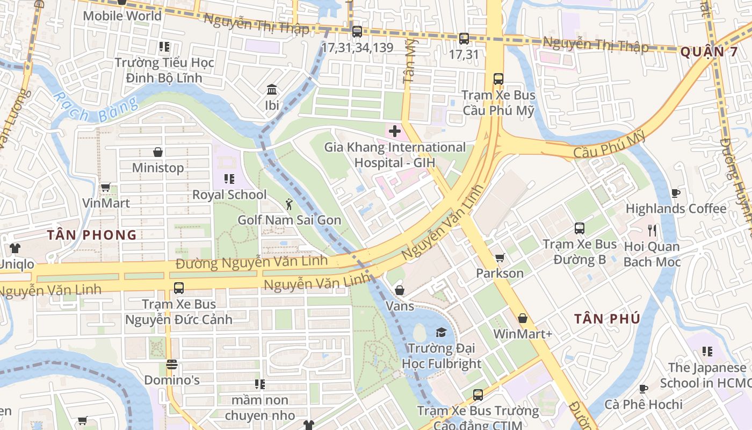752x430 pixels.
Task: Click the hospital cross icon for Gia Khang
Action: click(395, 131)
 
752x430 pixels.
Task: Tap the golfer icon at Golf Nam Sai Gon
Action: click(289, 204)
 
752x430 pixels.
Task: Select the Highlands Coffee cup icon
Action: click(675, 193)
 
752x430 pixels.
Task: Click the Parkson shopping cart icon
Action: click(500, 258)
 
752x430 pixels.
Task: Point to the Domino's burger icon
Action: click(172, 364)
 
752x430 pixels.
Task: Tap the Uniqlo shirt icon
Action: click(15, 248)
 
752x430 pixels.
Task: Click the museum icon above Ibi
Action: click(272, 89)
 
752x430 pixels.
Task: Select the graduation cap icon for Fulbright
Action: click(441, 332)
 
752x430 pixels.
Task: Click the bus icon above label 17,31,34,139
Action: click(357, 32)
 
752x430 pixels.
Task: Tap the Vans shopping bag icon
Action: click(400, 291)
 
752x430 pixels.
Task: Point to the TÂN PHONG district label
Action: click(91, 235)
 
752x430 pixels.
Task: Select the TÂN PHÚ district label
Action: click(607, 319)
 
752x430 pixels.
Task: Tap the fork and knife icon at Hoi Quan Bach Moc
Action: click(652, 231)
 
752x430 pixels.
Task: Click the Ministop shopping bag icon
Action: click(158, 152)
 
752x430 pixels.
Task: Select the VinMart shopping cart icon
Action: click(105, 188)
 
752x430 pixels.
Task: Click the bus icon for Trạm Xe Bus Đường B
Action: click(579, 228)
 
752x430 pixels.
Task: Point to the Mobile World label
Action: click(122, 16)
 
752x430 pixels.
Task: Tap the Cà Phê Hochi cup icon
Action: click(643, 389)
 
